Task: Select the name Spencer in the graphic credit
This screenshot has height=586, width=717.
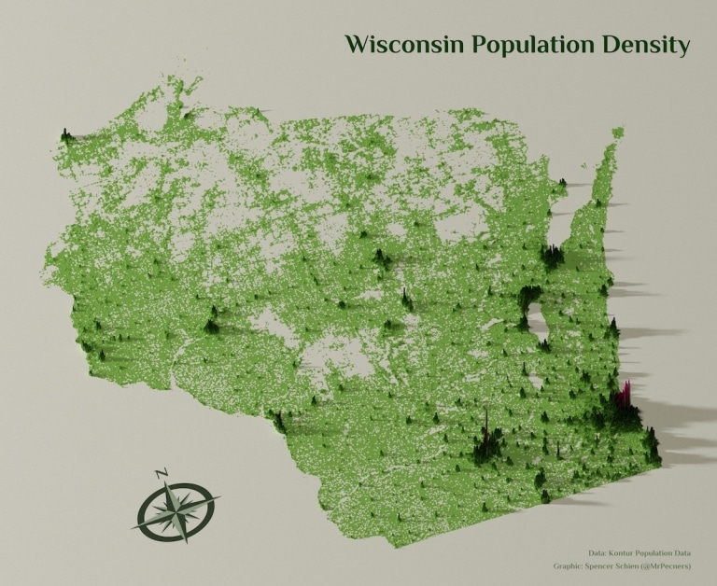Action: pyautogui.click(x=604, y=566)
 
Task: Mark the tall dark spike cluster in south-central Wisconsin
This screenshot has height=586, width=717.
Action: pyautogui.click(x=486, y=435)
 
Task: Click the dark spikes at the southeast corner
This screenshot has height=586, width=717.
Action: pyautogui.click(x=650, y=446)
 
